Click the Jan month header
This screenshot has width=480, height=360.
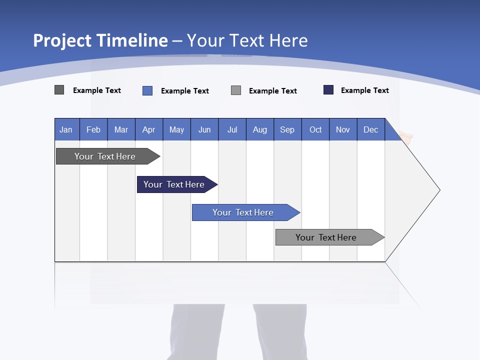[66, 129]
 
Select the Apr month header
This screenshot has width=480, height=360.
[149, 129]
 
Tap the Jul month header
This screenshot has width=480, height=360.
[232, 129]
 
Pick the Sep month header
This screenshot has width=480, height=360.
[287, 129]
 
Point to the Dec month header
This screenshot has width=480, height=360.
[370, 129]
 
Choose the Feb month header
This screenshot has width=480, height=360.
[93, 129]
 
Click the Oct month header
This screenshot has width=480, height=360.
[315, 129]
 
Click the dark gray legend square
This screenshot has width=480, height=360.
[59, 90]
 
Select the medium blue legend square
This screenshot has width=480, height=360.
[147, 90]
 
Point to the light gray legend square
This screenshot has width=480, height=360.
[236, 90]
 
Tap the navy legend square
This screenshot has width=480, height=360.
[328, 90]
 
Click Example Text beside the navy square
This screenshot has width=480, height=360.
[364, 90]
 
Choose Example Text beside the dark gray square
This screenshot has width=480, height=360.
[97, 90]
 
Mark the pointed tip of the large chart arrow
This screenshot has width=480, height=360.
[439, 190]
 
